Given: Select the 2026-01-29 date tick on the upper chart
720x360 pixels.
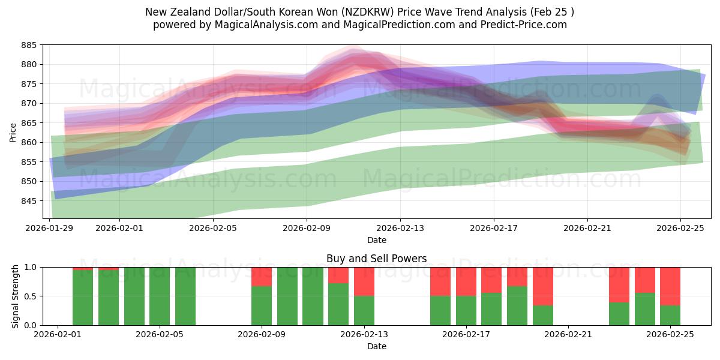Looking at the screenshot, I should [49, 228].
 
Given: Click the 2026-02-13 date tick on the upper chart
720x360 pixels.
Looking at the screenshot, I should [400, 228].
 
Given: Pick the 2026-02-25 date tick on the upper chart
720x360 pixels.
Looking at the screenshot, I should [680, 228].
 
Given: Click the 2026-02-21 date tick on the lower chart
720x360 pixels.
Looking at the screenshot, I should [568, 335].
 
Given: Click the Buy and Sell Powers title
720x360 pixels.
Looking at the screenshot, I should [376, 259].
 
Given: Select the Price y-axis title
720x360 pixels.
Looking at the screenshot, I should [13, 132].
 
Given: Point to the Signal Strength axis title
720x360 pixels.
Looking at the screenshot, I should [16, 296].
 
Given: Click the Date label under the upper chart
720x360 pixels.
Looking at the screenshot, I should [376, 240].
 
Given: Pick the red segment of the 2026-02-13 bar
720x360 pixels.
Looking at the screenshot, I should [364, 281].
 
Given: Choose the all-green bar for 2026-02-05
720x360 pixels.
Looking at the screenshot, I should [185, 296].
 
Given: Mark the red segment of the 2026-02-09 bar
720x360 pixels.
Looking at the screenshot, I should [262, 277].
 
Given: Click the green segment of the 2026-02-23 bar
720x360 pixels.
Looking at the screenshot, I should [619, 313].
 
